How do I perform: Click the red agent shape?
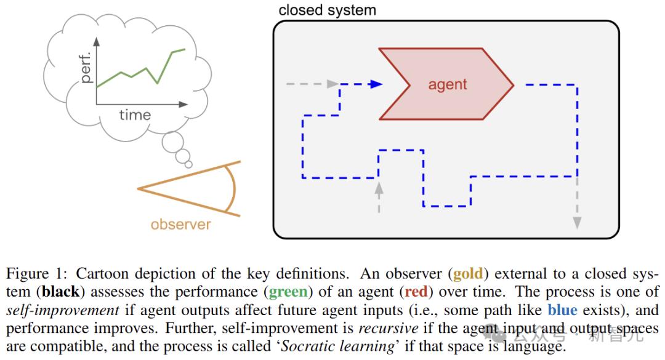447,84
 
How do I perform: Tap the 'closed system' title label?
327,10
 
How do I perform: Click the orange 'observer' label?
180,224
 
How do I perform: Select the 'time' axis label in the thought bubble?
135,114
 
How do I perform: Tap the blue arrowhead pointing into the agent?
377,84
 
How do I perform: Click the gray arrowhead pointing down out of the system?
577,222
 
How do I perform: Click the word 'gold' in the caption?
467,274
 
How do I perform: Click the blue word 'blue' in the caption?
563,310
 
